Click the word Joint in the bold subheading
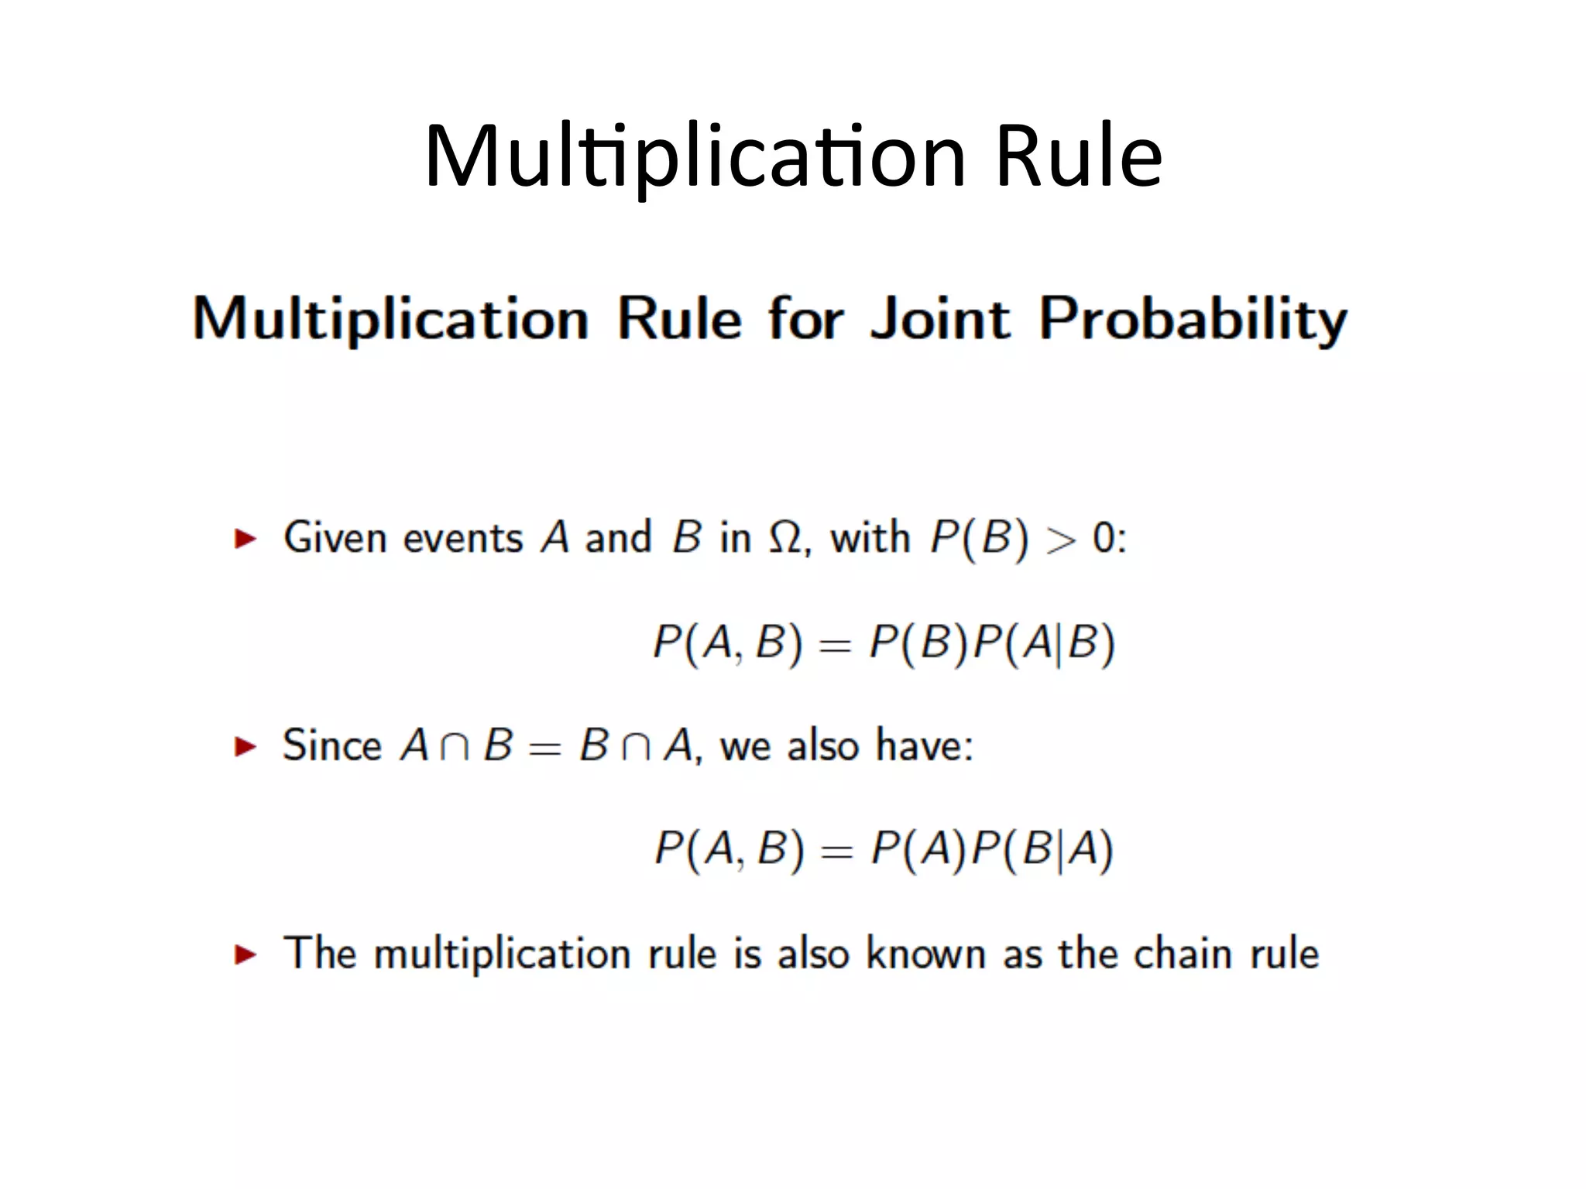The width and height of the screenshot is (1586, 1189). click(940, 318)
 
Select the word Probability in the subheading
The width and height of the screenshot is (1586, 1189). click(1193, 320)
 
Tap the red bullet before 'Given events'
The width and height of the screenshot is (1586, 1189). click(245, 538)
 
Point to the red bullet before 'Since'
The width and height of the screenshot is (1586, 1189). click(245, 746)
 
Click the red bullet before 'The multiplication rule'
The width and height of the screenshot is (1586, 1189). click(245, 954)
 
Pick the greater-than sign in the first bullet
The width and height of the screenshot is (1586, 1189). click(1060, 540)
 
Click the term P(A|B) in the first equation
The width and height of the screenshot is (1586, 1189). click(1043, 643)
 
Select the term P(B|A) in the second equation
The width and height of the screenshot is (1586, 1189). click(1042, 849)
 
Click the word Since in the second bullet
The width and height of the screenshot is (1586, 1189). click(332, 745)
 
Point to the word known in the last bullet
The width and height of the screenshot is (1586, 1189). click(925, 954)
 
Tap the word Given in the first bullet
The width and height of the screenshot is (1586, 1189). click(335, 538)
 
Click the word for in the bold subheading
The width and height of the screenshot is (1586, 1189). click(805, 318)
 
